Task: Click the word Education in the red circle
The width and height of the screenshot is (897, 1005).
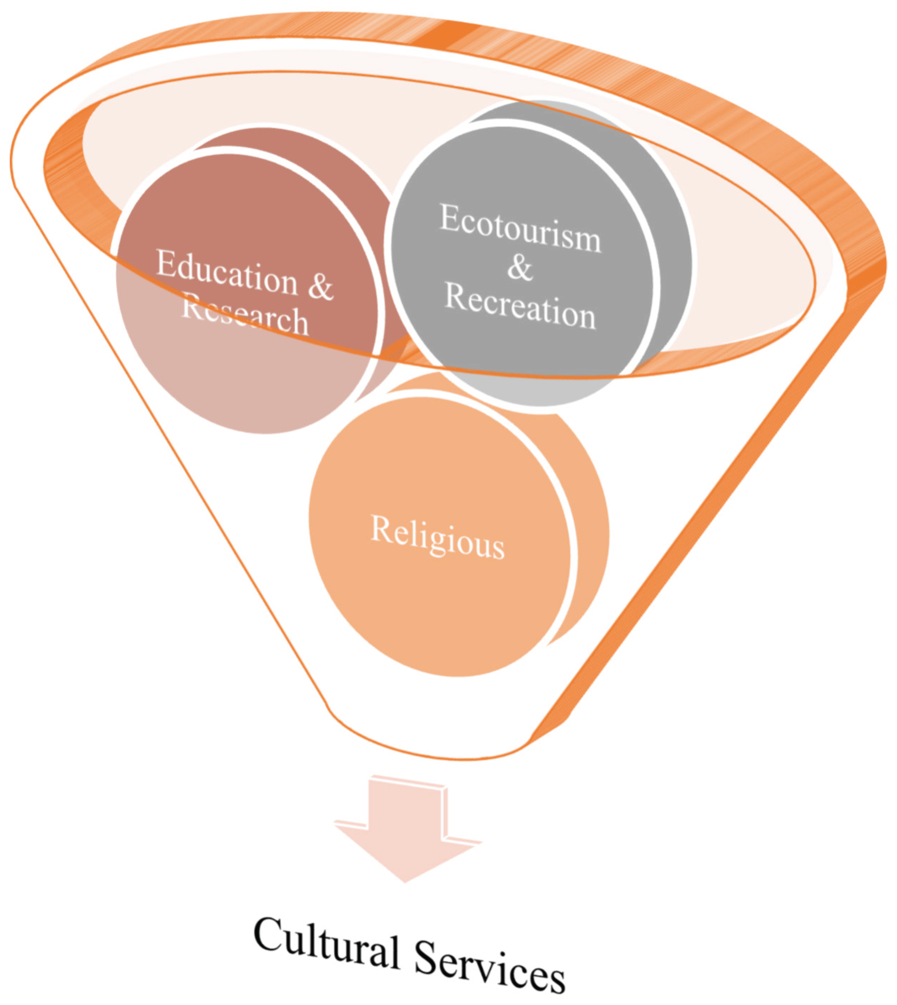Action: (x=227, y=273)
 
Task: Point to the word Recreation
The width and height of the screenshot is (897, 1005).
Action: (x=520, y=306)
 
